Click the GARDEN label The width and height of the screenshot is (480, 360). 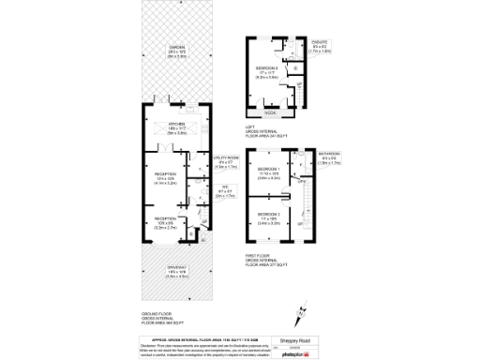click(176, 49)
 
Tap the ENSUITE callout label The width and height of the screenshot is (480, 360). click(320, 43)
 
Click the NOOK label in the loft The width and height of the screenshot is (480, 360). click(270, 112)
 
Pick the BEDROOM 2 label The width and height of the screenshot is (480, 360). click(270, 220)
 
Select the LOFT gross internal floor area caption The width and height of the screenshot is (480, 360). click(267, 131)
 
